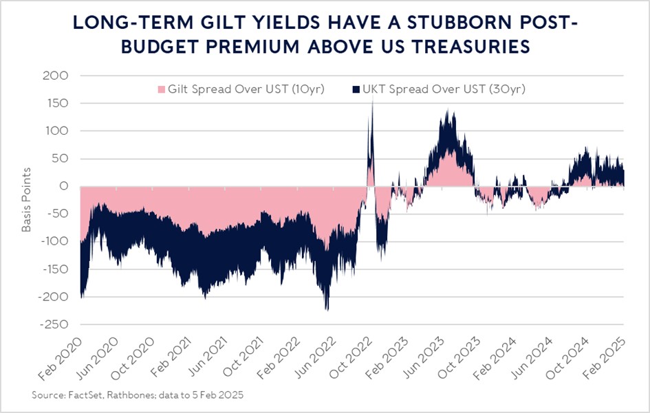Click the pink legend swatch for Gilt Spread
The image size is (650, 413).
[x=163, y=90]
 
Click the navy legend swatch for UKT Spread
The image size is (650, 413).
[x=356, y=90]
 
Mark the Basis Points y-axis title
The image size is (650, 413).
[x=27, y=199]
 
